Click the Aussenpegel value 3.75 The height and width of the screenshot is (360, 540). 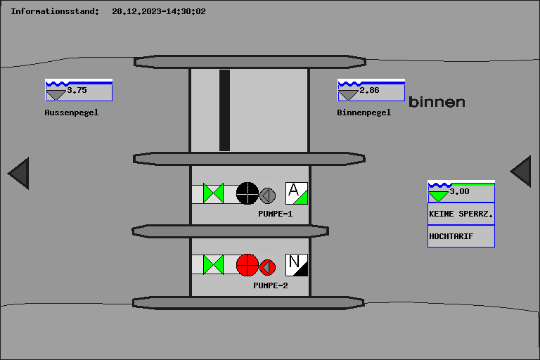click(x=77, y=90)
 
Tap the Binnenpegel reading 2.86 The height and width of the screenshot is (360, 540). click(x=369, y=90)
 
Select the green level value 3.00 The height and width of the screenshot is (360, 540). click(x=459, y=191)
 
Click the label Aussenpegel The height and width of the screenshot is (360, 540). click(x=72, y=112)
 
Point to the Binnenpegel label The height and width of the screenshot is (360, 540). click(x=364, y=112)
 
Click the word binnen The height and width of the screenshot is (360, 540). click(x=437, y=102)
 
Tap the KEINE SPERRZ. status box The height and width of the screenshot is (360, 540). click(x=461, y=214)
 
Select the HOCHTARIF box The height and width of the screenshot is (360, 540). click(x=461, y=236)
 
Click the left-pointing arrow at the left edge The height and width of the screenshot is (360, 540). click(x=18, y=173)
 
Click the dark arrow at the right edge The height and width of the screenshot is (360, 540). click(x=521, y=172)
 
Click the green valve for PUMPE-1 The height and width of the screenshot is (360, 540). click(x=213, y=193)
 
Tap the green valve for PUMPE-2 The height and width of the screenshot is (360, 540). click(x=213, y=265)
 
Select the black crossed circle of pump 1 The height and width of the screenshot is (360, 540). click(x=247, y=193)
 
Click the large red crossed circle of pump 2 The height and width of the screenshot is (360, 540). click(x=247, y=265)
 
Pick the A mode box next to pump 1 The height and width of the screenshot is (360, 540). click(x=297, y=193)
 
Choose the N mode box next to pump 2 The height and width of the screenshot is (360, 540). click(x=297, y=265)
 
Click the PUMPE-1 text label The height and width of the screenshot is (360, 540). click(x=276, y=214)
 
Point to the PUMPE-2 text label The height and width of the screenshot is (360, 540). click(x=271, y=285)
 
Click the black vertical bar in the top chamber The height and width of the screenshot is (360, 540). click(x=224, y=110)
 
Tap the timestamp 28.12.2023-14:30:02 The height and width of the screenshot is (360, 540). click(x=159, y=11)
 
